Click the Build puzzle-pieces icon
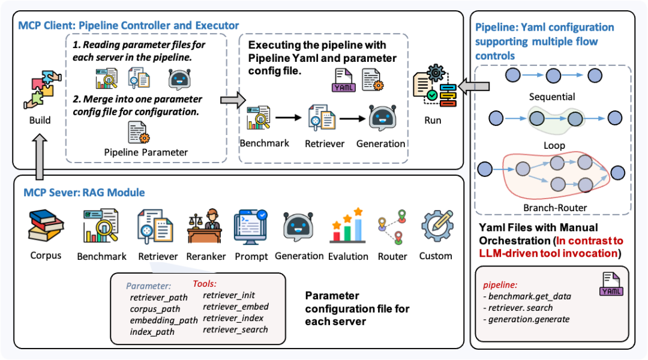pyautogui.click(x=43, y=89)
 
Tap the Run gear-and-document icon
pyautogui.click(x=435, y=86)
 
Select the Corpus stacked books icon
pyautogui.click(x=46, y=225)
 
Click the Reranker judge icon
pyautogui.click(x=205, y=226)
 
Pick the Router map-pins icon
pyautogui.click(x=392, y=226)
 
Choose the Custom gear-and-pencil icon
pyautogui.click(x=437, y=226)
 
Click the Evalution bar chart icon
pyautogui.click(x=347, y=226)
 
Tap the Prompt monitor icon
pyautogui.click(x=251, y=226)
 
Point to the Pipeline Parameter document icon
pyautogui.click(x=139, y=132)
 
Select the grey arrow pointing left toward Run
pyautogui.click(x=474, y=86)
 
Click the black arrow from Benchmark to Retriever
pyautogui.click(x=289, y=118)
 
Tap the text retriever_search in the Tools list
pyautogui.click(x=235, y=329)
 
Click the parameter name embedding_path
pyautogui.click(x=164, y=320)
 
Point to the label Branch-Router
pyautogui.click(x=555, y=208)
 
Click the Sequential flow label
pyautogui.click(x=552, y=97)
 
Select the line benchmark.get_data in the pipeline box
pyautogui.click(x=527, y=296)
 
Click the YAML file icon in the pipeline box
pyautogui.click(x=611, y=284)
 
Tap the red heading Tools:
pyautogui.click(x=205, y=284)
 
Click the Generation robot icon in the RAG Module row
pyautogui.click(x=298, y=226)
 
